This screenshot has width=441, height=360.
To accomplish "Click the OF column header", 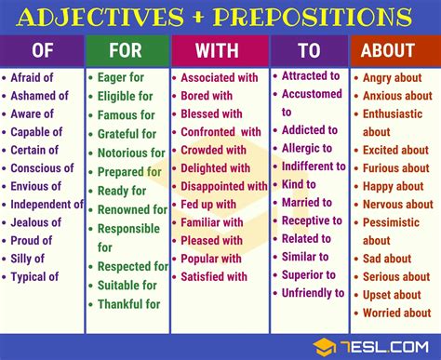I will tap(43, 52).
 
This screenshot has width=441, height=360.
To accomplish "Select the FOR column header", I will tap(127, 52).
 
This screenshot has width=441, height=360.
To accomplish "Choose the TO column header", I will tap(309, 52).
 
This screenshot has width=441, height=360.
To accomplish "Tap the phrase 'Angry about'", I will tap(392, 78).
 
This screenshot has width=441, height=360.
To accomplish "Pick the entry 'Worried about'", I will tap(396, 313).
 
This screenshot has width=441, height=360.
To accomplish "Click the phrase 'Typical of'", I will tap(34, 276).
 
